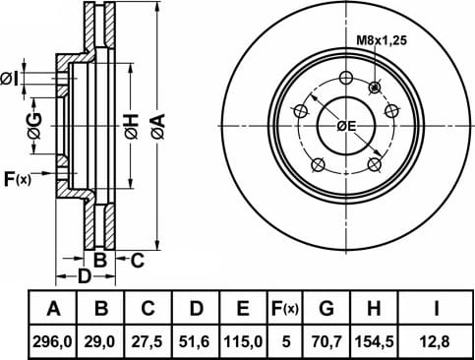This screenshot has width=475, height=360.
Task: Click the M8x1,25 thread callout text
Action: tap(382, 40)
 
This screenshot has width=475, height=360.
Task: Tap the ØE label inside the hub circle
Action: tap(346, 126)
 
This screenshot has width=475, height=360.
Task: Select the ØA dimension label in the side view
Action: tap(157, 126)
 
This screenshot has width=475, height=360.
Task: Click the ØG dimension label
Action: tap(34, 126)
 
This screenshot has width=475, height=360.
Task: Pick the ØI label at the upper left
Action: tap(9, 79)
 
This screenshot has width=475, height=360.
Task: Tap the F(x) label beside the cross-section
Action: tap(18, 179)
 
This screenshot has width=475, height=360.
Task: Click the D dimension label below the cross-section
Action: tap(84, 276)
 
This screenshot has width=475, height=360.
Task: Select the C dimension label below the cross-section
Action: tap(138, 261)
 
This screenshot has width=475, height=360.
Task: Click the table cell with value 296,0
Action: tap(52, 342)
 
